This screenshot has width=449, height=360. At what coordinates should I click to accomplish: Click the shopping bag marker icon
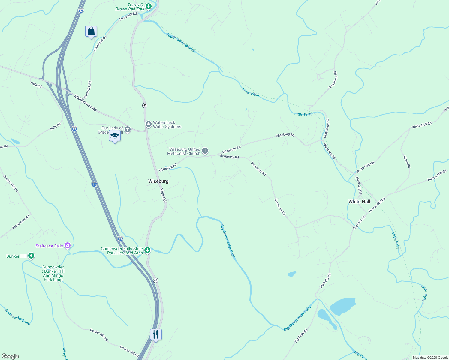[x=91, y=31]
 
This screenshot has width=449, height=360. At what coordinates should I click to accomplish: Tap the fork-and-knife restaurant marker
[x=156, y=334]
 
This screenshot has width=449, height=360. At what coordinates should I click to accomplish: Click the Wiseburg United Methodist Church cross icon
[x=205, y=151]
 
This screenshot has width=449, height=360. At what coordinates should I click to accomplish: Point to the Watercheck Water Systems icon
[x=148, y=124]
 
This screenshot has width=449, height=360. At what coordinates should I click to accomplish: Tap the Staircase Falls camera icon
[x=68, y=246]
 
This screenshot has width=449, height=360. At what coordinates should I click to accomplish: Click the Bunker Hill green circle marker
[x=31, y=256]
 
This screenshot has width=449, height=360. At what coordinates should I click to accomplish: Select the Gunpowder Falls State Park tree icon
[x=147, y=250]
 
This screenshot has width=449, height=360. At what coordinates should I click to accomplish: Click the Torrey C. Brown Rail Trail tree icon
[x=148, y=6]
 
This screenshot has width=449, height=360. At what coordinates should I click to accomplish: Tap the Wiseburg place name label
[x=158, y=181]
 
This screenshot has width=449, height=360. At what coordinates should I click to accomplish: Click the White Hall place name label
[x=359, y=202]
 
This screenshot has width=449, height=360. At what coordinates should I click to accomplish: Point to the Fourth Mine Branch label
[x=181, y=43]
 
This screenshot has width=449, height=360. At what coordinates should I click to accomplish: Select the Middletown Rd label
[x=86, y=103]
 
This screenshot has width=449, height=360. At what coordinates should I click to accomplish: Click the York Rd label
[x=163, y=195]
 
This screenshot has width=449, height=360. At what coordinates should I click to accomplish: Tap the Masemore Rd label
[x=21, y=222]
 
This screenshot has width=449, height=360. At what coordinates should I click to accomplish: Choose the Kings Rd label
[x=407, y=162]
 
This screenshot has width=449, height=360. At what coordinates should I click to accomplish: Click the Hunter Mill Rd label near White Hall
[x=377, y=205]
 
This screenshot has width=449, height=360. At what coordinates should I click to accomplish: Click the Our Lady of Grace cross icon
[x=128, y=130]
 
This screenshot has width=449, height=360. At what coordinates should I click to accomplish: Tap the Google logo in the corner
[x=10, y=356]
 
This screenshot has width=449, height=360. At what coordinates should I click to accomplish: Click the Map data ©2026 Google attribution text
[x=430, y=358]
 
